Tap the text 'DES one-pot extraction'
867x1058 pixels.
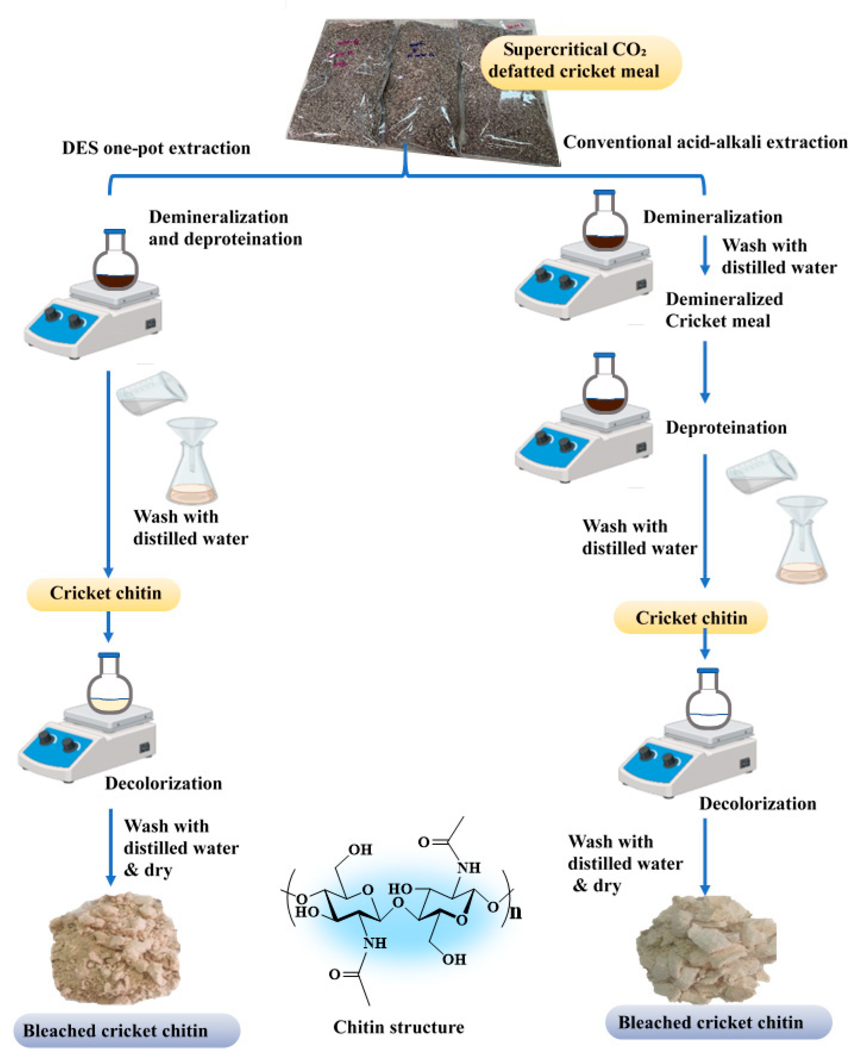click(156, 148)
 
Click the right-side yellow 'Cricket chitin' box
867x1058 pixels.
click(690, 618)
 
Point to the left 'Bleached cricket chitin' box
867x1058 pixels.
click(126, 1030)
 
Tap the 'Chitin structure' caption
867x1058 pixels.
click(399, 1027)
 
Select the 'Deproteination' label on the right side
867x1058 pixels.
click(726, 428)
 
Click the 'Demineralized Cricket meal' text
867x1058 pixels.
click(723, 310)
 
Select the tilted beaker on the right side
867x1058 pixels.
click(760, 472)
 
